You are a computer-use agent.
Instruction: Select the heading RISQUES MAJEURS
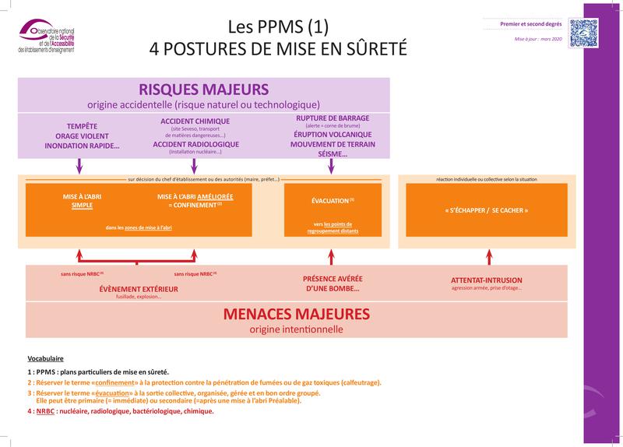pos(203,89)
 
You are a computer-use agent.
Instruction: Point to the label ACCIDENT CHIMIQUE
pos(195,121)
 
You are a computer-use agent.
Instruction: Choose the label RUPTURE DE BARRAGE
pos(333,118)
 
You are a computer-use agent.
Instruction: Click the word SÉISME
pos(333,153)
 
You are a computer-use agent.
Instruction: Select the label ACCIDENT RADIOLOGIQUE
pos(195,144)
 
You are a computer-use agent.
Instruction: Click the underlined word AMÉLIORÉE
pos(215,196)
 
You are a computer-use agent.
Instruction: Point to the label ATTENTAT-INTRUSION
pos(487,280)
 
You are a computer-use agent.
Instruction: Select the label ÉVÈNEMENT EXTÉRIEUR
pos(139,289)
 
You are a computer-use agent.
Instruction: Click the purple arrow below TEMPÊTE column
pos(79,166)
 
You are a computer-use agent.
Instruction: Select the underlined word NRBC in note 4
pos(45,411)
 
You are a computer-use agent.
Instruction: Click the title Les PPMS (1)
pos(278,26)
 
